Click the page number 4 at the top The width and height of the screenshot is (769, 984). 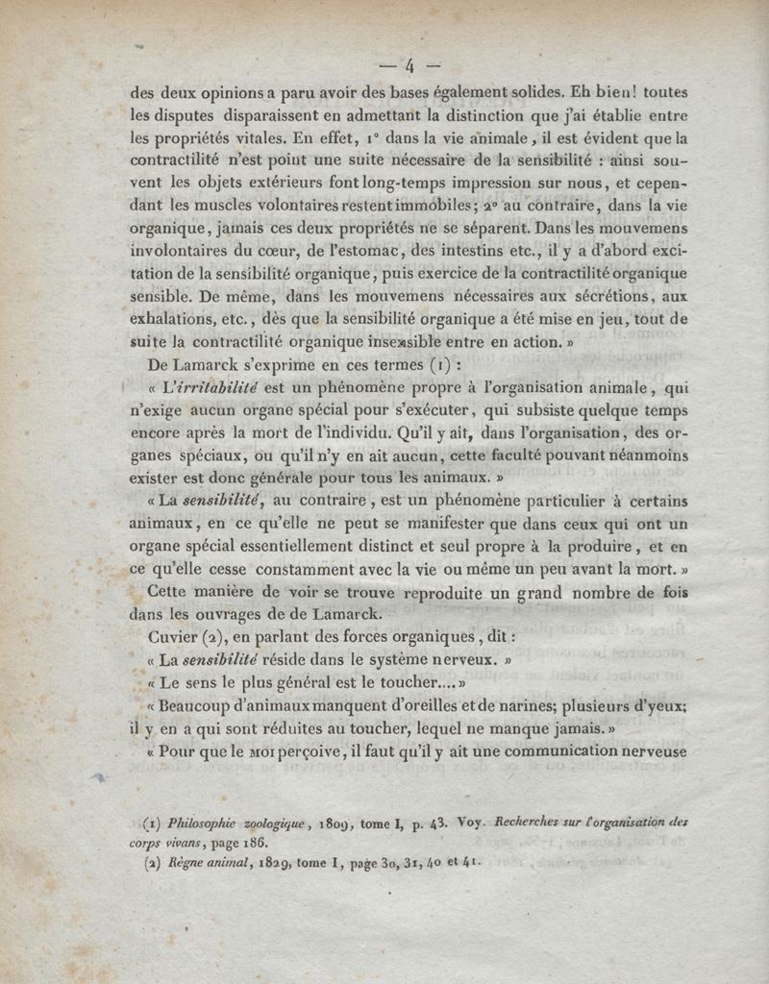[x=409, y=65]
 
